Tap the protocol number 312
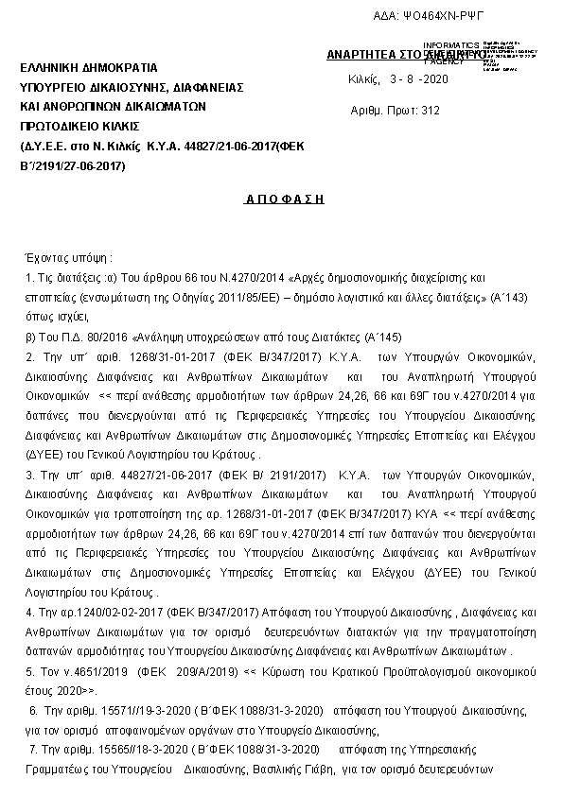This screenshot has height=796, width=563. [x=430, y=111]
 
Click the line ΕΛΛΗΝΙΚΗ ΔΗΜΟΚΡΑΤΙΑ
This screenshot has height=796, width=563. [x=82, y=68]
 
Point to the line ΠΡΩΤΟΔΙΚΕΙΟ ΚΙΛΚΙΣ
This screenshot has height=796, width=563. [x=79, y=125]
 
